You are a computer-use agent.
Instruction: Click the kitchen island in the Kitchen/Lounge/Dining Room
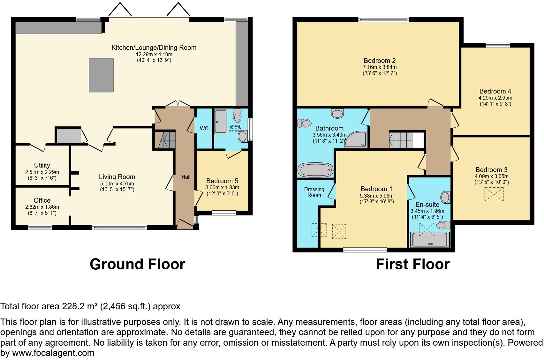(x=101, y=75)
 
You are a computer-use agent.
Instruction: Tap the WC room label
(x=204, y=128)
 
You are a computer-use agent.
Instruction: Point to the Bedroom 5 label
(x=222, y=181)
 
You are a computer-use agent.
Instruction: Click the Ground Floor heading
(x=137, y=264)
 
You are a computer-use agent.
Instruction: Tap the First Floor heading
(x=412, y=264)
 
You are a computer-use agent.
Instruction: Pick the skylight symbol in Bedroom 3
(x=494, y=194)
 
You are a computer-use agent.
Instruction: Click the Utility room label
(x=42, y=165)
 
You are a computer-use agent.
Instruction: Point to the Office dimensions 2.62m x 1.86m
(x=42, y=207)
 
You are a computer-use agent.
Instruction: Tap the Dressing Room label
(x=314, y=192)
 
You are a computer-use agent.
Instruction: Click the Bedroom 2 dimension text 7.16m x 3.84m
(x=380, y=67)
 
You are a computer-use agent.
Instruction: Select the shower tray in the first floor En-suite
(x=431, y=240)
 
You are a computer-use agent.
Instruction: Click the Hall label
(x=186, y=177)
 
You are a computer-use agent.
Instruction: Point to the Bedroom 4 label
(x=493, y=91)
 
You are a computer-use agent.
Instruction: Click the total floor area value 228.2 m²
(x=79, y=306)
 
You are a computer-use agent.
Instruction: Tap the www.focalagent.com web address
(x=53, y=353)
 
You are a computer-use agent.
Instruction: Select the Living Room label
(x=117, y=177)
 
